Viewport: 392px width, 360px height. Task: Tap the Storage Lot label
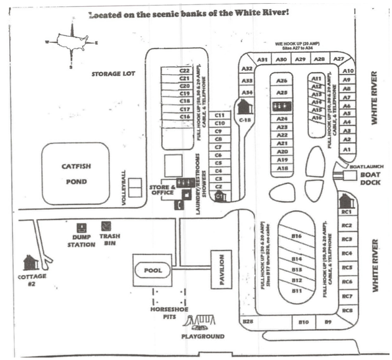click(x=113, y=73)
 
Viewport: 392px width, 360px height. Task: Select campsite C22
click(x=184, y=72)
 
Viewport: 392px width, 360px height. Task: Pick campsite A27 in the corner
click(x=339, y=59)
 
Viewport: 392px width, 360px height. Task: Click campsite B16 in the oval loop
click(x=297, y=236)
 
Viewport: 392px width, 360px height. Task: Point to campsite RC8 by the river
click(x=347, y=310)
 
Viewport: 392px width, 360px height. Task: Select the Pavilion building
click(x=221, y=269)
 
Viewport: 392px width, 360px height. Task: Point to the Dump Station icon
click(x=81, y=228)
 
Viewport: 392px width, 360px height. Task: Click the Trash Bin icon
click(x=107, y=227)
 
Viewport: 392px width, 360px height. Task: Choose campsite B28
click(x=248, y=321)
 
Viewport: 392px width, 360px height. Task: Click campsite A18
click(x=282, y=168)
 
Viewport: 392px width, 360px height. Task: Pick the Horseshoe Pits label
click(x=165, y=312)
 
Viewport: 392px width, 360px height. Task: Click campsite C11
click(x=219, y=115)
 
